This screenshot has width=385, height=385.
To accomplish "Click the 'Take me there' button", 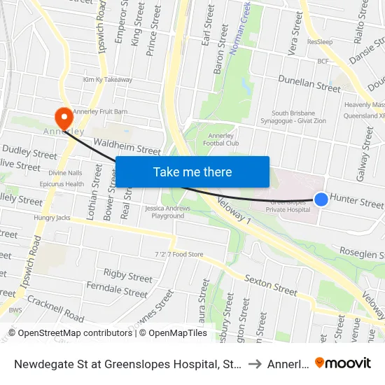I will tap(192, 171).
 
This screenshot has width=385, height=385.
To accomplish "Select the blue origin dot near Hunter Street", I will tap(321, 199).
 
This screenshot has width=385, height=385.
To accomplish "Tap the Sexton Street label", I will tap(271, 285).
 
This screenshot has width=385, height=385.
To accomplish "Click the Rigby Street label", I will tap(127, 276).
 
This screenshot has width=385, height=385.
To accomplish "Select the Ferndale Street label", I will tap(117, 288).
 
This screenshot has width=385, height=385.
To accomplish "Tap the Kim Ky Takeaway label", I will tap(107, 80).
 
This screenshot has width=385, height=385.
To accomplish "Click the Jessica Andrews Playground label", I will tap(164, 212).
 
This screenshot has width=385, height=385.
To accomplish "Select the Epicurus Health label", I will tap(61, 184).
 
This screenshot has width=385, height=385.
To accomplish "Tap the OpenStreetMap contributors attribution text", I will tap(69, 333).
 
